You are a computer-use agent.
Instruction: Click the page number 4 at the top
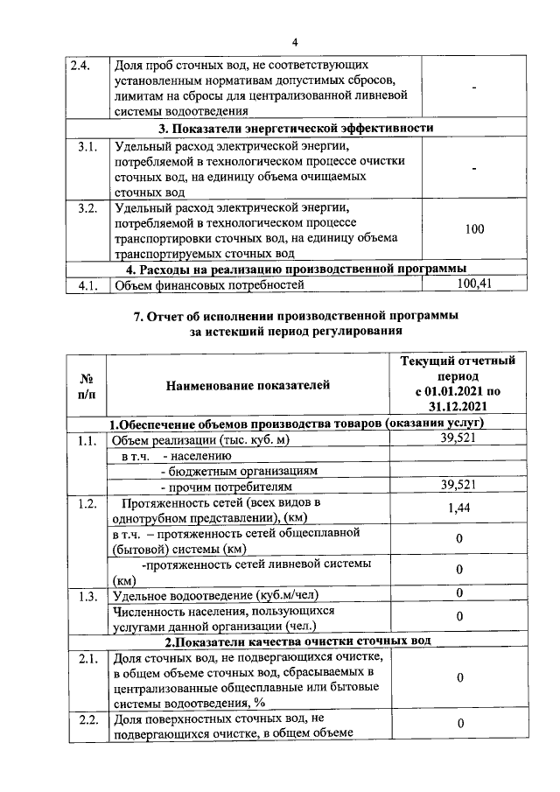coord(295,43)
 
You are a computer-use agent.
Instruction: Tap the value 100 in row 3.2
coord(474,228)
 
